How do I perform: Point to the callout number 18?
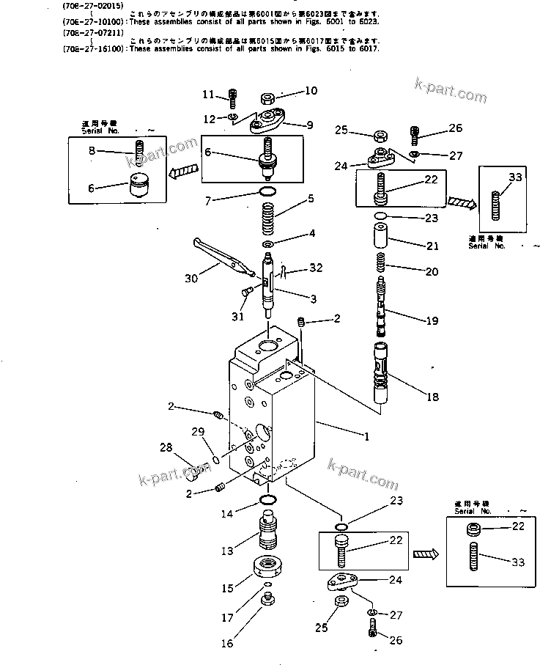(x=432, y=397)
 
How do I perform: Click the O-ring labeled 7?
(x=269, y=192)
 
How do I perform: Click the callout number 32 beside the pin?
(x=316, y=268)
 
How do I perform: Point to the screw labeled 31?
(x=245, y=294)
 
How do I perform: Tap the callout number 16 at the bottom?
(x=228, y=643)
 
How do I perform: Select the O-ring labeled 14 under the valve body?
(x=269, y=501)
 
